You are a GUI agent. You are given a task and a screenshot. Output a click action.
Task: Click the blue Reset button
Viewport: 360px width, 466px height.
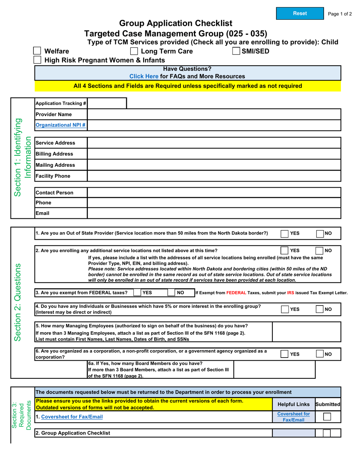(x=300, y=13)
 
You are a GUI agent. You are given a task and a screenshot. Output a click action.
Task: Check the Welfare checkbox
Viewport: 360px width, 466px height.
(x=37, y=51)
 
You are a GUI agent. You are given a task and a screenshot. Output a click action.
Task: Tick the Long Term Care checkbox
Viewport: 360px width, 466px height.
(x=134, y=51)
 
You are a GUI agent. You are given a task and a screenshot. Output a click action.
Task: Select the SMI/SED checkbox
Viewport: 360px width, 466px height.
(x=236, y=51)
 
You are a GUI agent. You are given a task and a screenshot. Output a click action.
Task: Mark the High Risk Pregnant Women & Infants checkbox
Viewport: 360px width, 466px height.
(x=37, y=60)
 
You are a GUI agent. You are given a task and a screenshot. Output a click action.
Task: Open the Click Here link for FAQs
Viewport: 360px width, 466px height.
(x=144, y=76)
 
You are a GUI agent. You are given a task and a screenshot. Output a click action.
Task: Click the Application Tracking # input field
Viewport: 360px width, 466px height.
(x=107, y=103)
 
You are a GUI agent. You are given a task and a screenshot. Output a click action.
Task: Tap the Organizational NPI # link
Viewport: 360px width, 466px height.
(x=60, y=125)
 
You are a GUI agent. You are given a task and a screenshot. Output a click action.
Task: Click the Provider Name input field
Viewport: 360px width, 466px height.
(x=214, y=114)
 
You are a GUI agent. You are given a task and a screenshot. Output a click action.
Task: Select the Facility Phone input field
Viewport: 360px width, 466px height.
(x=214, y=176)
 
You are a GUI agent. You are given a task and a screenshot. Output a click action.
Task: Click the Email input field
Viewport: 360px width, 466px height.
(x=214, y=213)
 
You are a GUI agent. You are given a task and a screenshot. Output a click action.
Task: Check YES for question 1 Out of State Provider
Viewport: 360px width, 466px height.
(x=285, y=234)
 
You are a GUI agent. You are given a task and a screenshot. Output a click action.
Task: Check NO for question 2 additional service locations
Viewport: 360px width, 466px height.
(x=319, y=251)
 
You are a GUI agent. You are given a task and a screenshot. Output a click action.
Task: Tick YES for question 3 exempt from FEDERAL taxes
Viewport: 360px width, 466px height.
(x=137, y=293)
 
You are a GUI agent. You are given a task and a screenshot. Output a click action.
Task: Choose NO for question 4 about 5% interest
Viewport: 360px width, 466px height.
(x=319, y=309)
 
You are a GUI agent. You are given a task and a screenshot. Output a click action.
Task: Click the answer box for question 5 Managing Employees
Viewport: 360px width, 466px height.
(x=307, y=332)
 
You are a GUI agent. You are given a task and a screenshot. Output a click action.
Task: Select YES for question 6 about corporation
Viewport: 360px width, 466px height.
(x=285, y=354)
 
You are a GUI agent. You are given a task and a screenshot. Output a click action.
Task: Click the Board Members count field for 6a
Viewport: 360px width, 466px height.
(x=274, y=369)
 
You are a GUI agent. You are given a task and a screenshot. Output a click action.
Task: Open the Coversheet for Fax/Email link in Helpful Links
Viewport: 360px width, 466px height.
(x=293, y=417)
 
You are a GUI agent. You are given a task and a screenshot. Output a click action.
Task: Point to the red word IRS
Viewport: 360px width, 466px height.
(x=291, y=293)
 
